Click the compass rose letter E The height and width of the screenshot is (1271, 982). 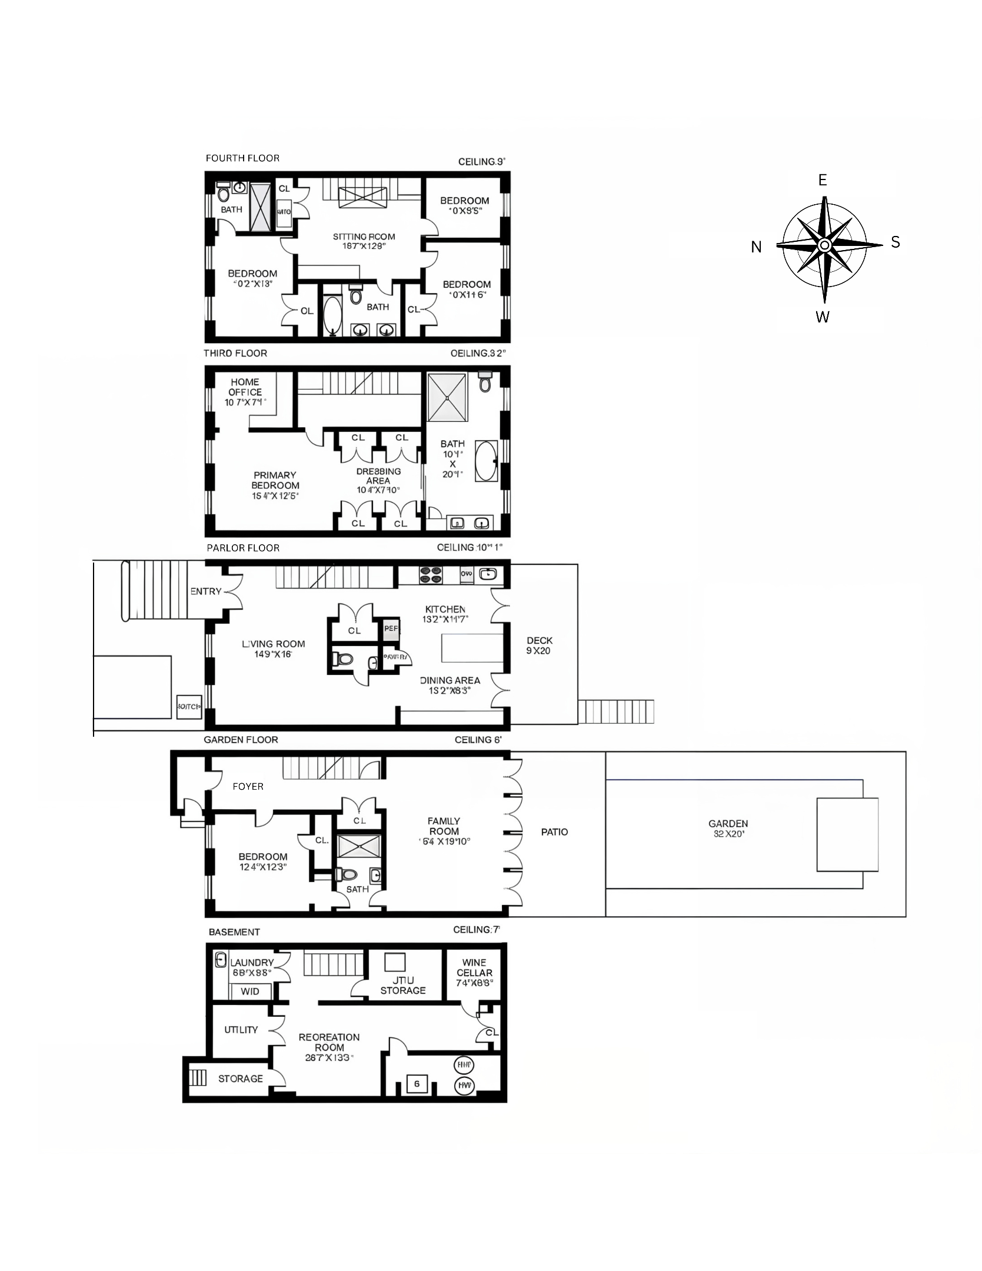pos(823,181)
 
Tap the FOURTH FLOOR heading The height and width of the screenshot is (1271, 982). pos(242,158)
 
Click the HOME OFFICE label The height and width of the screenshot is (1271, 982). pos(245,387)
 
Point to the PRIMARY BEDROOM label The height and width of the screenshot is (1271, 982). pos(275,480)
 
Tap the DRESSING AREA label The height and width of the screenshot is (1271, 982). pos(378,476)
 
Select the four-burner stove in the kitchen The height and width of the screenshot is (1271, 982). pos(430,575)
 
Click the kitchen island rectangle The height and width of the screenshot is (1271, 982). pos(472,648)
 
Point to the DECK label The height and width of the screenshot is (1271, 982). pos(540,641)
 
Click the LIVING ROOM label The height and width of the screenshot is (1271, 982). pos(274,644)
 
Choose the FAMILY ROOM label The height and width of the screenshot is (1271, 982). pos(444,826)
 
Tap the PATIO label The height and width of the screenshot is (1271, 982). pos(554,832)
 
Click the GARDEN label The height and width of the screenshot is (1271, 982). pos(728,824)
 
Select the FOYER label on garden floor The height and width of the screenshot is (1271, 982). pos(248,786)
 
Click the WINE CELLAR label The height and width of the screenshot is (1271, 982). pos(474,968)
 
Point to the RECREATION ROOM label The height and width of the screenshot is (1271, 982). pos(329,1042)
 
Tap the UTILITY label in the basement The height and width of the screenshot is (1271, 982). pos(241,1030)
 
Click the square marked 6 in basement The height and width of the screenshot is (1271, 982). pos(417,1083)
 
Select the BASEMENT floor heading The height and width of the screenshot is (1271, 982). pos(234,932)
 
